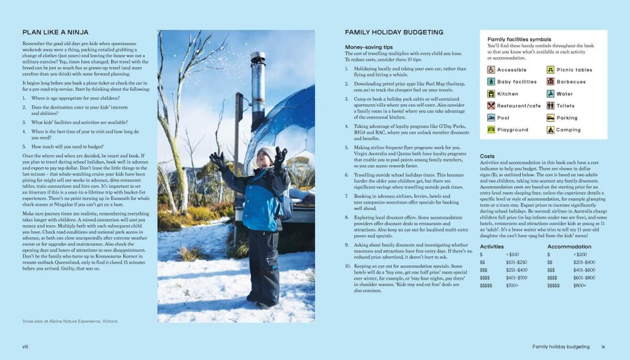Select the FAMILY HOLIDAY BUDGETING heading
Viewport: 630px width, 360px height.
click(x=394, y=33)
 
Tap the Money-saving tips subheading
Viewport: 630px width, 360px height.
click(x=369, y=47)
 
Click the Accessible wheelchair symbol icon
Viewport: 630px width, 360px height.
click(x=491, y=70)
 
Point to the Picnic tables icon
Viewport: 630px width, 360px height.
click(x=550, y=70)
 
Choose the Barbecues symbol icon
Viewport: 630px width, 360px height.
click(x=550, y=82)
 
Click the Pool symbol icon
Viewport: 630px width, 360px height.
click(x=491, y=118)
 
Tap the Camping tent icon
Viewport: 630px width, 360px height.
click(x=550, y=130)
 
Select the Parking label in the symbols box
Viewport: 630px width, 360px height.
click(x=566, y=118)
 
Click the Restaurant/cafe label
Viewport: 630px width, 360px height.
click(x=519, y=106)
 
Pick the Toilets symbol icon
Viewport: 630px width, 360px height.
click(x=550, y=106)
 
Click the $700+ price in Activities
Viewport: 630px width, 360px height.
click(x=512, y=285)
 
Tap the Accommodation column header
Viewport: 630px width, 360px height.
click(x=569, y=247)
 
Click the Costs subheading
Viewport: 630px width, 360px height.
click(x=487, y=156)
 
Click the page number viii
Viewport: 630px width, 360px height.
click(x=25, y=347)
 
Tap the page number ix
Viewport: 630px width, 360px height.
click(x=603, y=347)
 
